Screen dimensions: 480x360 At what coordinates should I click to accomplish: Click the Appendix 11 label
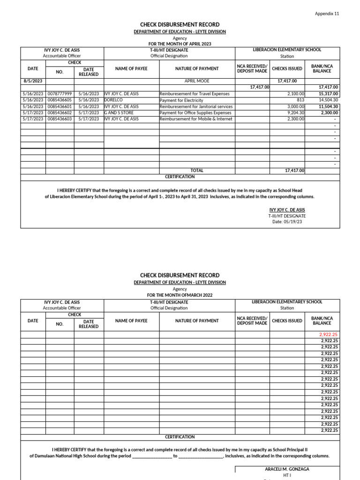coord(327,14)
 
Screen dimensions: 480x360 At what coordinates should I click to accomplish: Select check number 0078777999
coord(60,94)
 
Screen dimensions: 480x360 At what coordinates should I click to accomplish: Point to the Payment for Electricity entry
coord(181,100)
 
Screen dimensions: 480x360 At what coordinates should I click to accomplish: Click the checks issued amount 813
coord(300,100)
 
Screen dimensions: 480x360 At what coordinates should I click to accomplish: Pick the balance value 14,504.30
coord(328,100)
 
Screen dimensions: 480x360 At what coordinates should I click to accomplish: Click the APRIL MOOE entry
coord(197,81)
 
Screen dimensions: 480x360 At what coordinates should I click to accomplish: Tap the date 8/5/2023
coord(33,81)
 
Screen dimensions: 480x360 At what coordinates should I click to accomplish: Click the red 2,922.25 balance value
coord(328,335)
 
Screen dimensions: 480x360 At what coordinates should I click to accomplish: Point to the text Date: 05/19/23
coord(287,222)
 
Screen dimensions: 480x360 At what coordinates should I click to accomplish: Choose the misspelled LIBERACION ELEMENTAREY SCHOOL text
coord(287,302)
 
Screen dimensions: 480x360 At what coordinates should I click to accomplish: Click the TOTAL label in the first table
coord(197,171)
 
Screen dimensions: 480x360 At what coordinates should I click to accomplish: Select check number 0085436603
coord(60,119)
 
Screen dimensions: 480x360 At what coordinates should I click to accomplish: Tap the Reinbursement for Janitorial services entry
coord(196,106)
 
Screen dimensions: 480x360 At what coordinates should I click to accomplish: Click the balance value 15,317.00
coord(328,94)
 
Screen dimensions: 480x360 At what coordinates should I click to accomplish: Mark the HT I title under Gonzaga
coord(287,475)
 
